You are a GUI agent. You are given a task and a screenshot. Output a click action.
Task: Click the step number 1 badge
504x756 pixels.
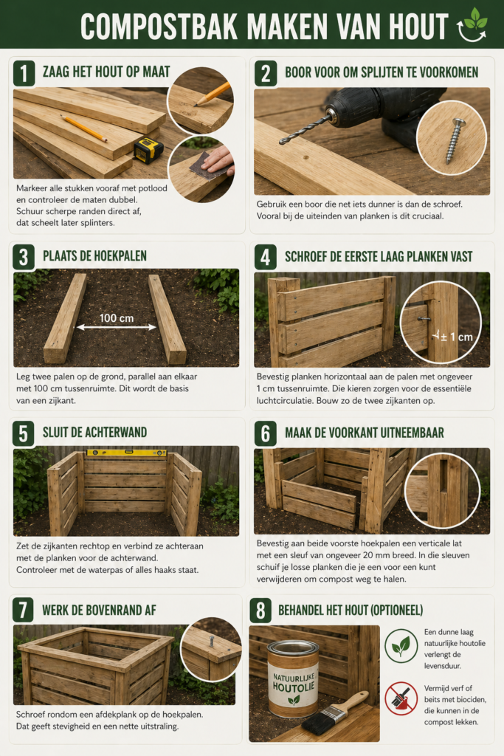(x=24, y=72)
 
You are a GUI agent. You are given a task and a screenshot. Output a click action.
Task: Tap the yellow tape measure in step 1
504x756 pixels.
(x=148, y=150)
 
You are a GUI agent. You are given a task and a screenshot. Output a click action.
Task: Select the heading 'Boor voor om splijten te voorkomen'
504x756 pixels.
(x=381, y=72)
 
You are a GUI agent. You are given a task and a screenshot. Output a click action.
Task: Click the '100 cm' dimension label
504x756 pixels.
(x=117, y=317)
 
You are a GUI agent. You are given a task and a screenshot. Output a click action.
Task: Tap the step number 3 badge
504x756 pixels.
(x=24, y=257)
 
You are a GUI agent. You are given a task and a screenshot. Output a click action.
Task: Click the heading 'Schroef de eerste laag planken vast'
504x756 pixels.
(x=379, y=257)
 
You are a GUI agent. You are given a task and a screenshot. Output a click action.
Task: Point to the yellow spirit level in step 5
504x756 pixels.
(x=126, y=452)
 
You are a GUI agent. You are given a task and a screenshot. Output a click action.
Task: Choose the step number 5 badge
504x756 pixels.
(x=24, y=433)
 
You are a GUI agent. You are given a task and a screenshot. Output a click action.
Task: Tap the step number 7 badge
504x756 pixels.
(x=24, y=611)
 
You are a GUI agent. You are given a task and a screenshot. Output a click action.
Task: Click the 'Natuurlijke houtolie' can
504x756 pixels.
(x=293, y=678)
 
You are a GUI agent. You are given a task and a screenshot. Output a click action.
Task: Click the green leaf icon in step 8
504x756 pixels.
(x=401, y=645)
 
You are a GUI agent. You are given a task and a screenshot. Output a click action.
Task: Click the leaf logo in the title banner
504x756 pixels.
(x=472, y=24)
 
